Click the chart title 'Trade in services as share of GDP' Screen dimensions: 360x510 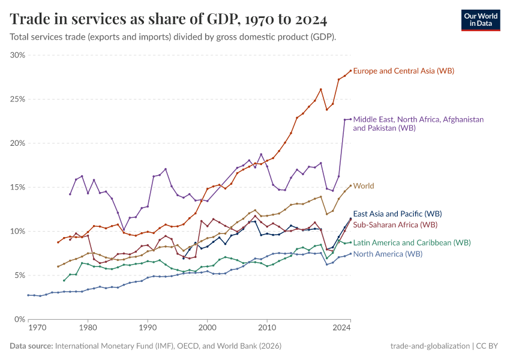(169, 19)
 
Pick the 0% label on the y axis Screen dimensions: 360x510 (20, 319)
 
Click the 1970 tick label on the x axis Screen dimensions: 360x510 (37, 329)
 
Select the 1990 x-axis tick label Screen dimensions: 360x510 (148, 329)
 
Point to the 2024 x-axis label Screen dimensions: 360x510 (341, 329)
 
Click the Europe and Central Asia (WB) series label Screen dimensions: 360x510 (403, 71)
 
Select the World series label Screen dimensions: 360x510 (364, 186)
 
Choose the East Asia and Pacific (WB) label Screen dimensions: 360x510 (397, 214)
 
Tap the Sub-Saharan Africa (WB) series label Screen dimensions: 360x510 (395, 224)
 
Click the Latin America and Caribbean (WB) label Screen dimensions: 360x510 (412, 242)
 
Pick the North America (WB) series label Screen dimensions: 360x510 (388, 254)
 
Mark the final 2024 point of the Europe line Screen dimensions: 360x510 (350, 71)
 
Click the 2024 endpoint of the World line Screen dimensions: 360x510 (350, 186)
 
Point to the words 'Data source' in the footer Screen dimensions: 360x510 (31, 346)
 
